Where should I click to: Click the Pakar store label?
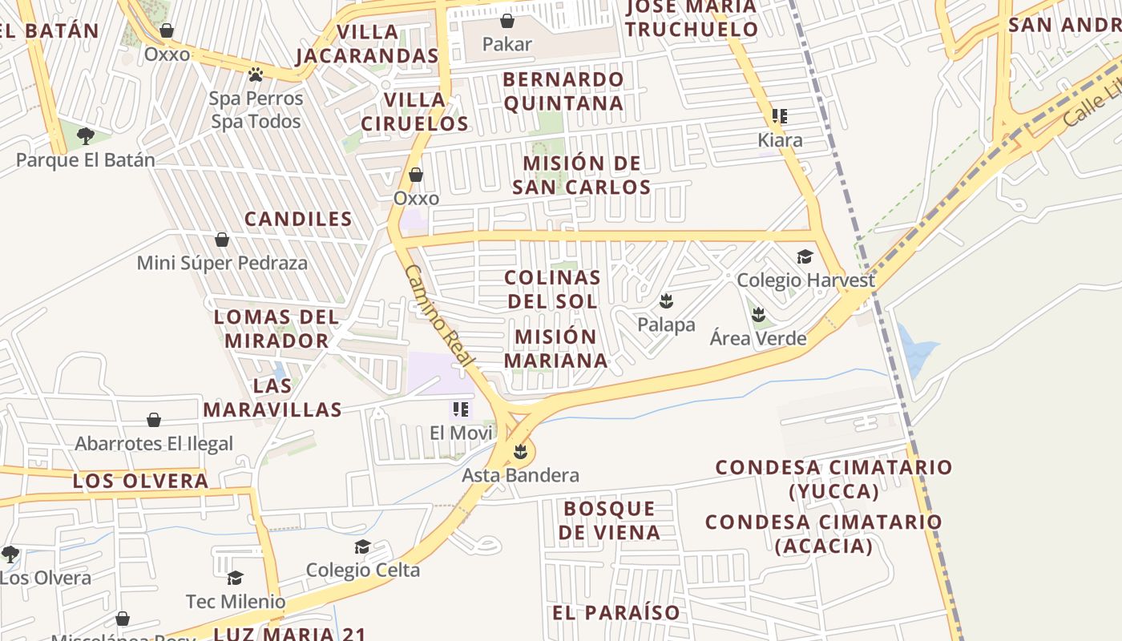(x=507, y=44)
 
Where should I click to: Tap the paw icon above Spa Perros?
(x=256, y=75)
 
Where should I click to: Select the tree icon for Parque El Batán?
(x=86, y=136)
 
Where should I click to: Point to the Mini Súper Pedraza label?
(x=222, y=263)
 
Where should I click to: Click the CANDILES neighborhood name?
(x=298, y=219)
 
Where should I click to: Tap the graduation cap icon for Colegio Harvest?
(x=805, y=256)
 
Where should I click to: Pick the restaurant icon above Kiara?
(x=780, y=116)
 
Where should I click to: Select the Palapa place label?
(x=666, y=325)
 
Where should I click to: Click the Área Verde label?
(x=758, y=338)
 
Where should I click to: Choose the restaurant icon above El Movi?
(x=460, y=409)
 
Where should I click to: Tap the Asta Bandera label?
(x=520, y=475)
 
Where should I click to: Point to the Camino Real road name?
(x=440, y=317)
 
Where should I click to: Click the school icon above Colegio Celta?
(x=362, y=546)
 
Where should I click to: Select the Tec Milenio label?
(x=236, y=601)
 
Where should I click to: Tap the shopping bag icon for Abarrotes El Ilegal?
(x=154, y=420)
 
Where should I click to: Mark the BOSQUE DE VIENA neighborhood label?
(x=610, y=520)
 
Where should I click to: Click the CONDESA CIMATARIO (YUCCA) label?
(x=833, y=478)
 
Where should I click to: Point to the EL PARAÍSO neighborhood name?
(x=616, y=613)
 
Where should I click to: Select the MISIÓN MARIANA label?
(x=556, y=349)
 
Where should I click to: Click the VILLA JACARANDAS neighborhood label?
(x=368, y=44)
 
